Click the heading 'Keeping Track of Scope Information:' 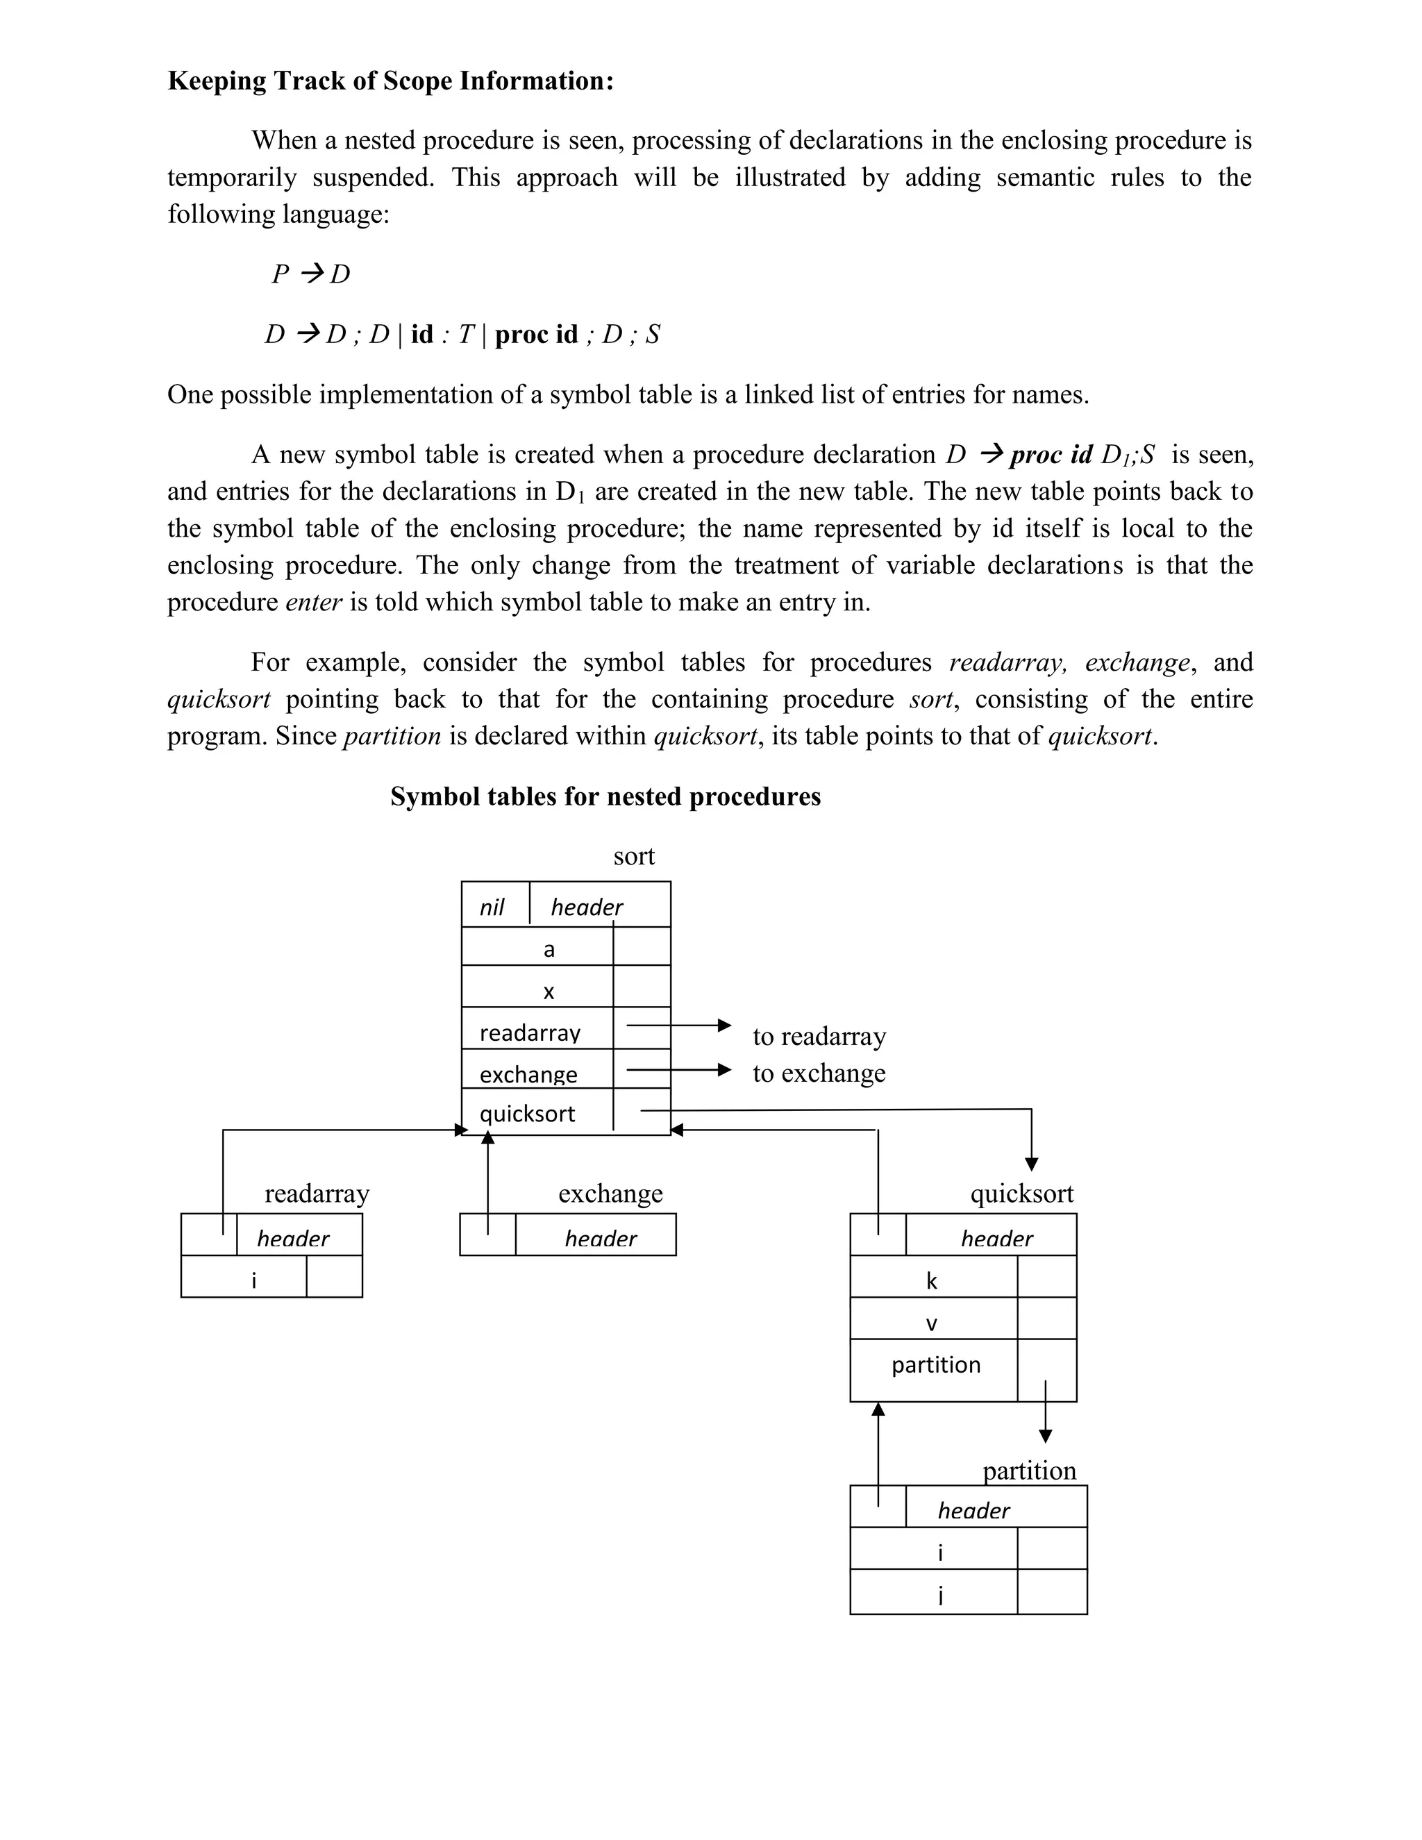390,81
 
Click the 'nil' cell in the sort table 492,908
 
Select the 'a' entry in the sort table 549,949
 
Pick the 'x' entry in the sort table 549,992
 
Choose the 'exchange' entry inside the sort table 528,1074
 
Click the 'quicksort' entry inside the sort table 528,1114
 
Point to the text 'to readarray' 819,1036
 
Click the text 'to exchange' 819,1073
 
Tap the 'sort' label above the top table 633,857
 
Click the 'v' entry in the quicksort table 932,1323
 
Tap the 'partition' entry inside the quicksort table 936,1365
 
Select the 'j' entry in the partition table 940,1595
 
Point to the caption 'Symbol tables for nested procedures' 605,797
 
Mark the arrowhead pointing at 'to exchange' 724,1070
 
